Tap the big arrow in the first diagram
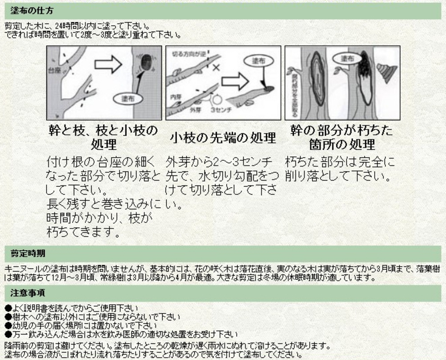(108, 64)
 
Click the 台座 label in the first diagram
(56, 72)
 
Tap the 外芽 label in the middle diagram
(195, 110)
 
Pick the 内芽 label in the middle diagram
(176, 97)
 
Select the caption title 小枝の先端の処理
(223, 138)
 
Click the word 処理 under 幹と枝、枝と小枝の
(104, 145)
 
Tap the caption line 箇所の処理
(342, 145)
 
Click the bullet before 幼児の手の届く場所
(7, 325)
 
